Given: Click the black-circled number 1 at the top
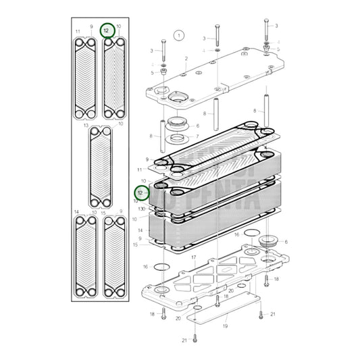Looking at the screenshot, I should tap(179, 34).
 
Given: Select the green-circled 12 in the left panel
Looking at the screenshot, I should tap(107, 30).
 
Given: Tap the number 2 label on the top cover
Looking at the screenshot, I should tap(186, 59).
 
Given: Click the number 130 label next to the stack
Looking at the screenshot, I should tap(143, 209).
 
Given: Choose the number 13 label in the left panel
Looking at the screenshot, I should tap(86, 126).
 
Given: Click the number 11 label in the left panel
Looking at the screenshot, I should tap(78, 32).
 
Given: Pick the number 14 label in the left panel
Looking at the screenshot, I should tap(77, 212).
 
